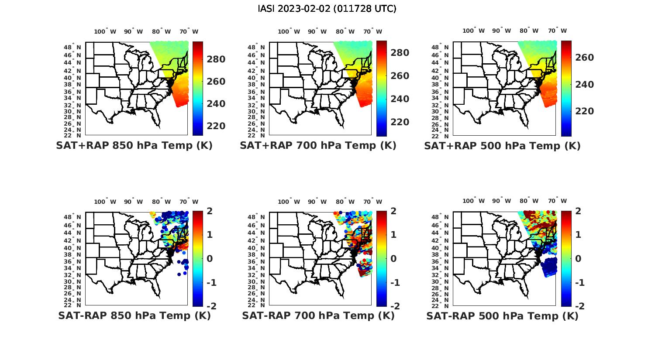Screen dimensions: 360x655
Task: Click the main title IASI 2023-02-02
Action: [x=327, y=9]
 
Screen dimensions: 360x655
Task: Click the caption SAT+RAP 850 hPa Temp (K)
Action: [x=134, y=146]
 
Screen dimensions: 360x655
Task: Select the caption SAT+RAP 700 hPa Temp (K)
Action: [x=318, y=146]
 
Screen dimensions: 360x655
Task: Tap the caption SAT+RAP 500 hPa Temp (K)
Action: [x=502, y=146]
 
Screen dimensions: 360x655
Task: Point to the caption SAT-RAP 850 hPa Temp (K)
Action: [x=134, y=315]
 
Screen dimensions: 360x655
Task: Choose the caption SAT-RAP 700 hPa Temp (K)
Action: [x=318, y=315]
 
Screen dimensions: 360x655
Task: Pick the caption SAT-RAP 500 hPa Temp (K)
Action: [x=502, y=316]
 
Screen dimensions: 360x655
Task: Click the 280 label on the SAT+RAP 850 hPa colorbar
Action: [x=216, y=59]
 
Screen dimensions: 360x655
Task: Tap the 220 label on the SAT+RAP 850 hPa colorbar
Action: [x=216, y=126]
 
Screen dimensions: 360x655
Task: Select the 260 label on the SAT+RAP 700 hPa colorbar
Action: [x=400, y=76]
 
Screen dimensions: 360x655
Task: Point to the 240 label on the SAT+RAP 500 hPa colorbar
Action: [x=584, y=85]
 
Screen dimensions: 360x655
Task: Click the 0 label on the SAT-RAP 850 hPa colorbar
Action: [x=209, y=259]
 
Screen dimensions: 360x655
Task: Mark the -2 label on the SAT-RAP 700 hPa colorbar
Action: [x=394, y=306]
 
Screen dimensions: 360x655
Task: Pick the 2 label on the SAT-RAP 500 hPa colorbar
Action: [x=579, y=211]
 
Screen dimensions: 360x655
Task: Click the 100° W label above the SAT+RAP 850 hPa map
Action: [x=105, y=31]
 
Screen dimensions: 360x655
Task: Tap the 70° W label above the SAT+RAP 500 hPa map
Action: [x=557, y=31]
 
